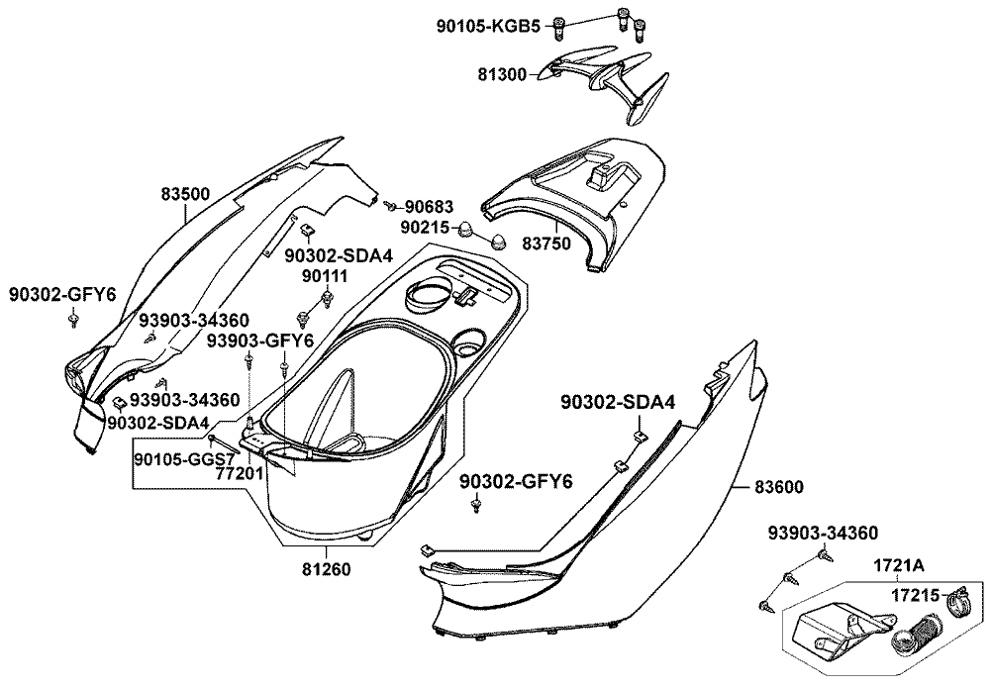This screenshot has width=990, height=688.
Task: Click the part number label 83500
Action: (185, 194)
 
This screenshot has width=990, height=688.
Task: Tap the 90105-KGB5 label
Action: (488, 27)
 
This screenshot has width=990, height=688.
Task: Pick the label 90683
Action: (429, 207)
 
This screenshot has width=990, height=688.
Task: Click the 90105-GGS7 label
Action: (183, 459)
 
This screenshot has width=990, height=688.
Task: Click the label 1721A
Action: (898, 566)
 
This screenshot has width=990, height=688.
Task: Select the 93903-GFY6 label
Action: (259, 341)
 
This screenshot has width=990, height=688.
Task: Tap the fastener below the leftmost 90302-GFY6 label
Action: (74, 320)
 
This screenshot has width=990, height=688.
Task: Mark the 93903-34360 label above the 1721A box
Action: (823, 535)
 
